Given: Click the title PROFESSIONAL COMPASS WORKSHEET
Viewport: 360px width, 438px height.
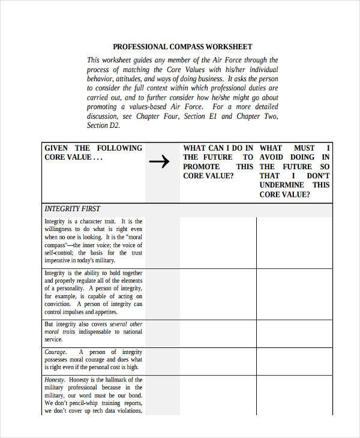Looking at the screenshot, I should coord(182,46).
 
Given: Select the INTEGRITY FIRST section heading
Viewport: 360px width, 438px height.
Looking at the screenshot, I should coord(72,209).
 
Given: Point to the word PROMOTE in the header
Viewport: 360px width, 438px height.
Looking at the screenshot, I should coord(201,166).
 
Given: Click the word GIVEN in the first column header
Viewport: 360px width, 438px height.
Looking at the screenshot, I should coord(56,148).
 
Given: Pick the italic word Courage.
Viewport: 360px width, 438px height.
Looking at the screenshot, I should coord(56,352).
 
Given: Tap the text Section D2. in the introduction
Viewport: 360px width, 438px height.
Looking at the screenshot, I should coord(104,125).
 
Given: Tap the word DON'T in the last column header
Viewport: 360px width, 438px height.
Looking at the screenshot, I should coord(318,176).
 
